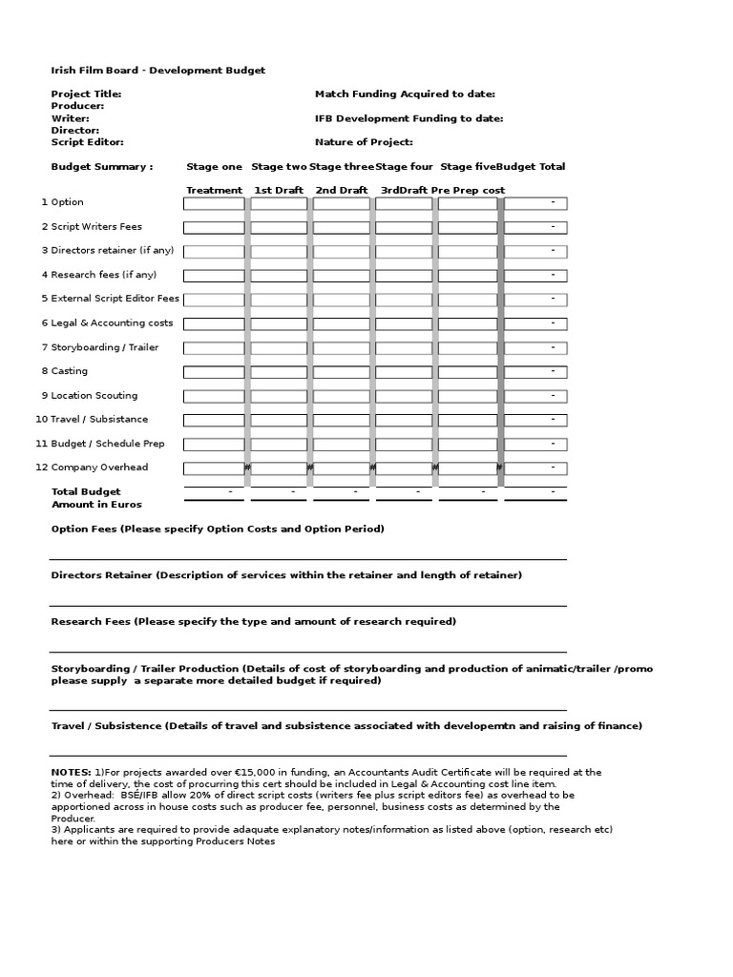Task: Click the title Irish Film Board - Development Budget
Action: pos(157,71)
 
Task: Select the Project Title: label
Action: pos(86,94)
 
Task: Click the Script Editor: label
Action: pos(87,141)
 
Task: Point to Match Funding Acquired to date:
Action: pos(405,94)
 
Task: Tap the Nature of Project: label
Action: pos(364,141)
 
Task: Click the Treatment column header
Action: pos(214,190)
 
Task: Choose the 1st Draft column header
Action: pos(279,190)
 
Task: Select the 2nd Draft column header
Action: pos(342,190)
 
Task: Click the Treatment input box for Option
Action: pos(214,203)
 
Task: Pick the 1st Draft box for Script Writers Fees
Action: pos(279,227)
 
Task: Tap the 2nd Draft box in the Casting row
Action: pos(342,372)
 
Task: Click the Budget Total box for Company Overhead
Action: pos(535,468)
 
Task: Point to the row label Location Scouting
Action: pos(94,396)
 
